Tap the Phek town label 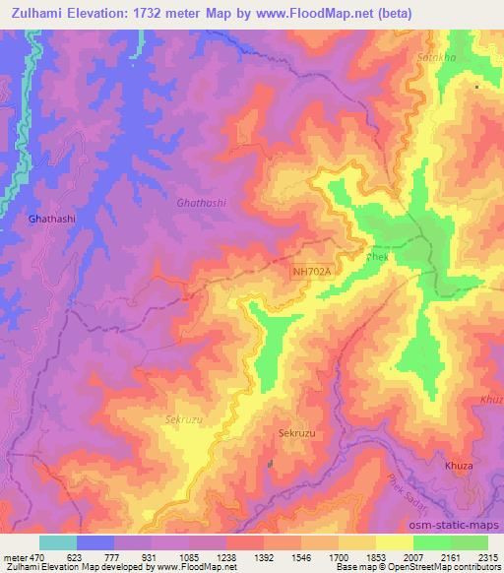coord(378,256)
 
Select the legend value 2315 coord(487,558)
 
